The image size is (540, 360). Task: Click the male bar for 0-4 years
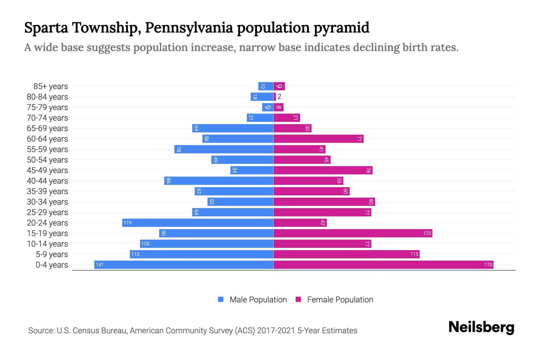184,265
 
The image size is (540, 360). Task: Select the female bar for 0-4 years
383,265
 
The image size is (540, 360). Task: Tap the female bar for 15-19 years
353,233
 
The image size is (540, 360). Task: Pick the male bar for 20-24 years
198,223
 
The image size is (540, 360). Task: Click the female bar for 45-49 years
323,170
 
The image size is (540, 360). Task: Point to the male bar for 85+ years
266,86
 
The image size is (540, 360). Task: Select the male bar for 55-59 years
224,149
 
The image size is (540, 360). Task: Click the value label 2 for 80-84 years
279,97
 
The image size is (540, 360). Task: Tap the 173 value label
488,265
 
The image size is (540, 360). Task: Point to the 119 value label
127,223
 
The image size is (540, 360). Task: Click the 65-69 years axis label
47,128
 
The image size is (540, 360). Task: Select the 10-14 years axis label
47,244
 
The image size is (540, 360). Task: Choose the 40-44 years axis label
47,181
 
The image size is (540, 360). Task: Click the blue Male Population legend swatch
221,299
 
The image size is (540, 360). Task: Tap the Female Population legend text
340,299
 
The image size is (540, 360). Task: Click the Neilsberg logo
481,327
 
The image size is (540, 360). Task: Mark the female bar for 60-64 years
318,139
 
